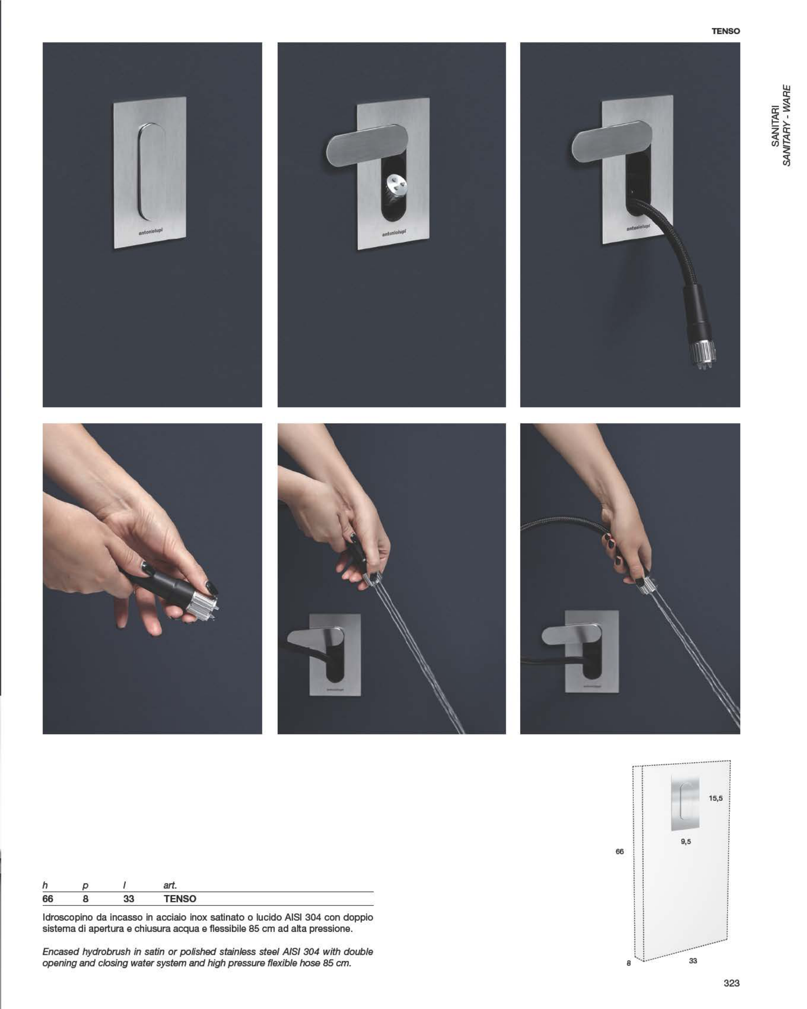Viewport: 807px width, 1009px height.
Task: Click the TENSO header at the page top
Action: (x=725, y=31)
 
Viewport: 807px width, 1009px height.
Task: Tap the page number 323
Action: (x=731, y=983)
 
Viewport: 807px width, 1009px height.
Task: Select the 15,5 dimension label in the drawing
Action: (x=715, y=798)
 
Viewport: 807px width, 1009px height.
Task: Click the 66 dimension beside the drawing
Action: (x=619, y=851)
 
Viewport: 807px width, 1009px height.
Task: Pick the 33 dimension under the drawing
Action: (x=693, y=961)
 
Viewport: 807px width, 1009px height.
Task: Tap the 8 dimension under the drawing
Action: (x=629, y=963)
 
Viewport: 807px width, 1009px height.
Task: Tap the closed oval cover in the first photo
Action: (x=152, y=171)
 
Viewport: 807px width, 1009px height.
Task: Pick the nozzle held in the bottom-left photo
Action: (x=201, y=606)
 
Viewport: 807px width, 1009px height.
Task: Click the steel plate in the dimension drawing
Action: (x=685, y=803)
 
